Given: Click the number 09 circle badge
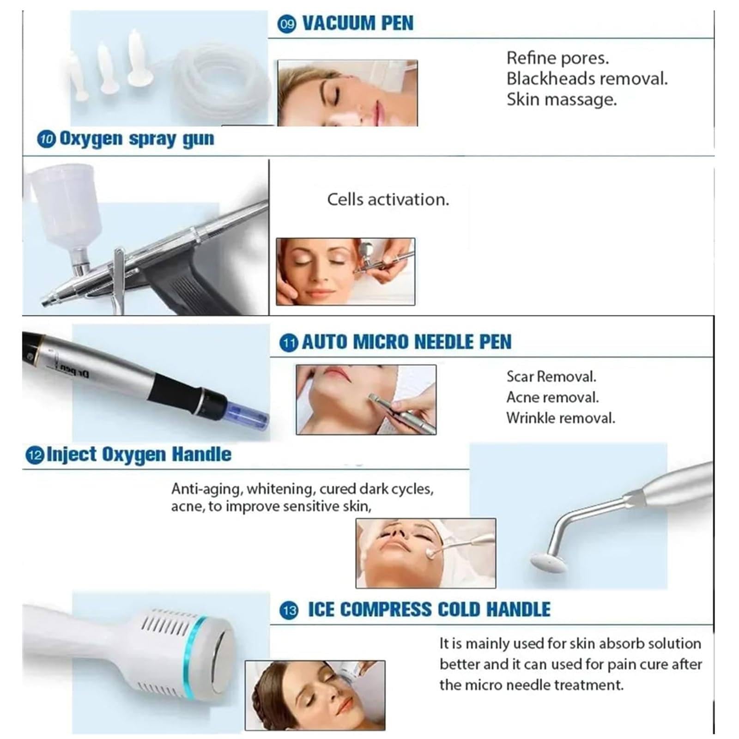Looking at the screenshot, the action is [x=287, y=24].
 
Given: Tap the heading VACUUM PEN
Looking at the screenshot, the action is [x=357, y=23].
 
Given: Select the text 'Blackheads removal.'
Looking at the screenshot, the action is [x=587, y=79].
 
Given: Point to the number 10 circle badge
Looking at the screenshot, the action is [x=46, y=139].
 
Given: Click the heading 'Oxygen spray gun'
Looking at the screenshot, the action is [x=137, y=139].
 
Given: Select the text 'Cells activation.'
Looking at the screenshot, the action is [x=388, y=200].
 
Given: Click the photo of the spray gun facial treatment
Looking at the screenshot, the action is [x=345, y=272].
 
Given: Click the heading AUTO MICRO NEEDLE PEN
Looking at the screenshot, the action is [x=406, y=342].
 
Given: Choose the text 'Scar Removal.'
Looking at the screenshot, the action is [x=551, y=376].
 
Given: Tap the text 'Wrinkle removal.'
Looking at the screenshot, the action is [x=561, y=418].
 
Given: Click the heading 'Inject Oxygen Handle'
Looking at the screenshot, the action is [x=139, y=455].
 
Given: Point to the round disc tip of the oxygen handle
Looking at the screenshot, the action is [x=548, y=563].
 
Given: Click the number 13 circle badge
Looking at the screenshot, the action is [x=289, y=611].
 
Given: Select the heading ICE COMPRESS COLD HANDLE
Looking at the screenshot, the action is [x=429, y=610].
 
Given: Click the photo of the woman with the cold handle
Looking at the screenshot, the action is [x=315, y=696].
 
